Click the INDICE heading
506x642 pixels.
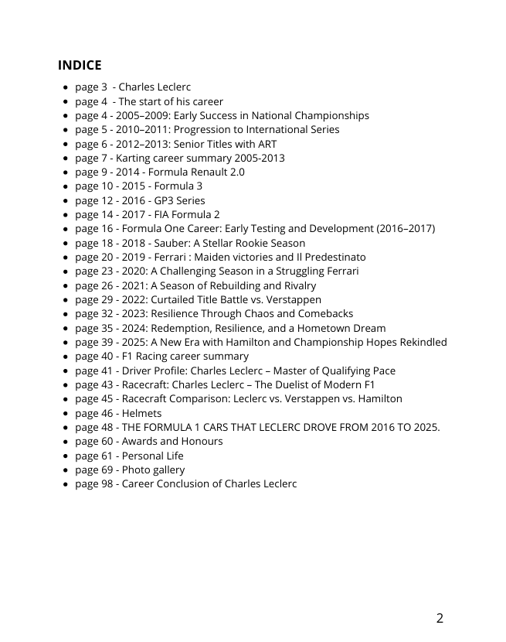tap(80, 65)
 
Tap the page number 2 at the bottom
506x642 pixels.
tap(440, 618)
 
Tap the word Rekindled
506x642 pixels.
tap(422, 342)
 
